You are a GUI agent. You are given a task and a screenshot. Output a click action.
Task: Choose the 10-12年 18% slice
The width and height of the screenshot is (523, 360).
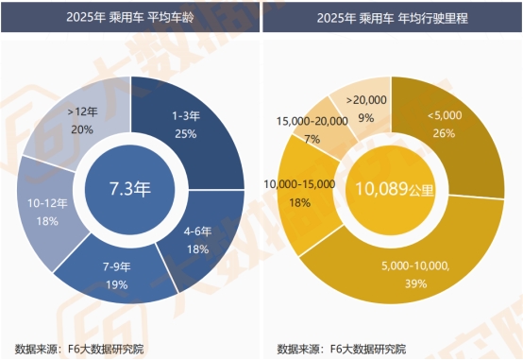[47, 213]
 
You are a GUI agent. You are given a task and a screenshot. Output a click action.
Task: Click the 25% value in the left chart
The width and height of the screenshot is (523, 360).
[185, 134]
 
